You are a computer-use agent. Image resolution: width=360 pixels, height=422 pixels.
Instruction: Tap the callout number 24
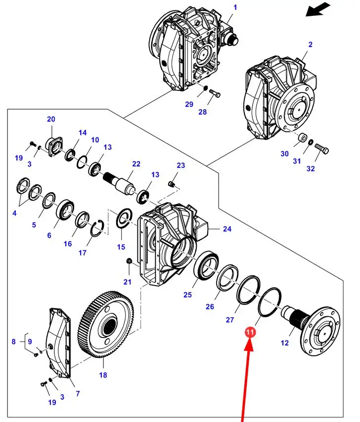click(227, 229)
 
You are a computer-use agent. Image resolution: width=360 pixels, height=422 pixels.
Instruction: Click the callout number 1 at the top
click(235, 7)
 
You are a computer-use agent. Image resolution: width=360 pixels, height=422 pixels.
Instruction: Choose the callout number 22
click(136, 164)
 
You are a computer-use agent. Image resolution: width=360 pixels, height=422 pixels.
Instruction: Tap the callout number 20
click(51, 119)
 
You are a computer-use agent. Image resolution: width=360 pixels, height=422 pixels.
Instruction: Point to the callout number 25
click(187, 295)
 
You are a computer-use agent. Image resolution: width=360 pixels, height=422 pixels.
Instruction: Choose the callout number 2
click(310, 45)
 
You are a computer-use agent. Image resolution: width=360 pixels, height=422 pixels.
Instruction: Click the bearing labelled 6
click(65, 209)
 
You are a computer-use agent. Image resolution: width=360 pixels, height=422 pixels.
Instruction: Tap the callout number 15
click(121, 246)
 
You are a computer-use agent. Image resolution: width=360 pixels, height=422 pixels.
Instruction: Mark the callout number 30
click(284, 154)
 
